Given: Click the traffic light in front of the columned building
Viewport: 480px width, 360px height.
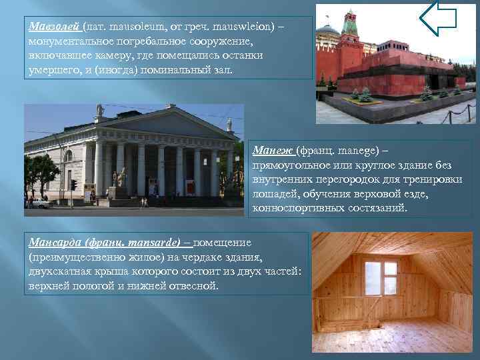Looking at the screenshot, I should (x=73, y=185).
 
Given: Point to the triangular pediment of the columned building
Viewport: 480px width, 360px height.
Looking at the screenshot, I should (x=163, y=123).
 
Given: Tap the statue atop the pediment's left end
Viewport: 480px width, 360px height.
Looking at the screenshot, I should (x=99, y=111).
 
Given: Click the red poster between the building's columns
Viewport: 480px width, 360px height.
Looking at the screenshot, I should (x=190, y=187).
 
